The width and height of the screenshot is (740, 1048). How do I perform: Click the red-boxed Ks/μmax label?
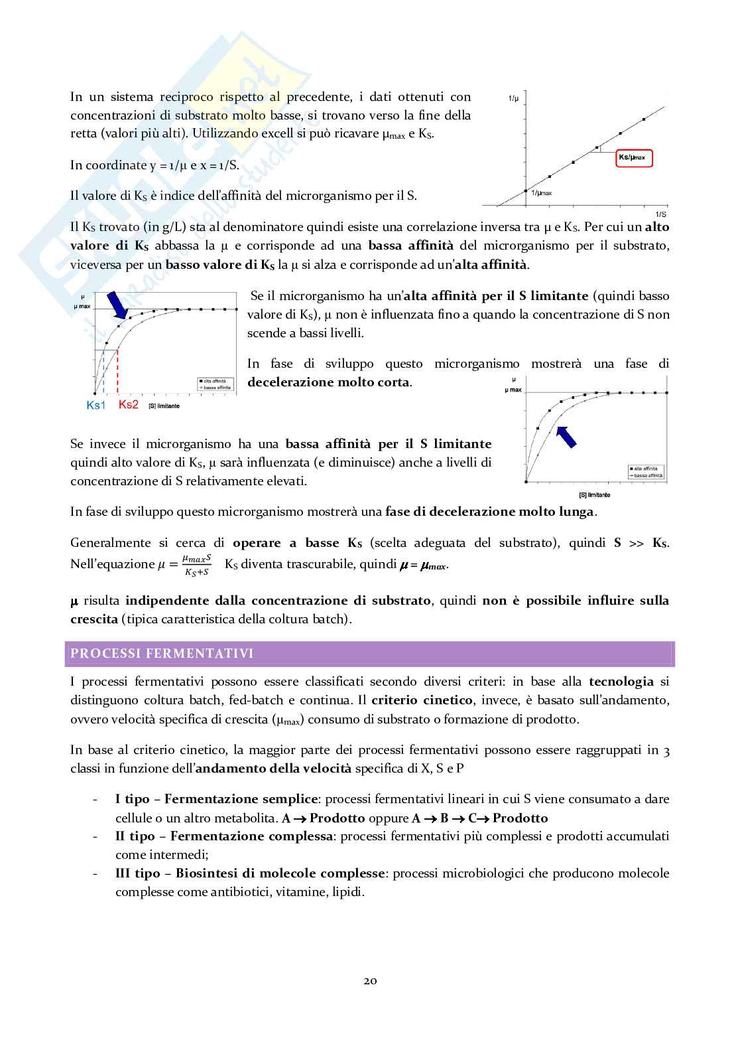[634, 158]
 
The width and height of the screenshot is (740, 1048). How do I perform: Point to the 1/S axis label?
[660, 214]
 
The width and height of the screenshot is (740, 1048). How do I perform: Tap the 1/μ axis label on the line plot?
[513, 99]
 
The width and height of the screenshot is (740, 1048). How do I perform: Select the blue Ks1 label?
[96, 405]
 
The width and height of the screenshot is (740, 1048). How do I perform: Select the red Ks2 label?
[129, 404]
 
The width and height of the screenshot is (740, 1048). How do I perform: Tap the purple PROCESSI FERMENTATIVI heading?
[162, 654]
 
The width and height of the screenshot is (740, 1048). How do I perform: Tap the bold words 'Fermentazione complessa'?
[251, 836]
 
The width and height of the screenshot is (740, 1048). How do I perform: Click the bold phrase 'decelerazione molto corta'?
[328, 382]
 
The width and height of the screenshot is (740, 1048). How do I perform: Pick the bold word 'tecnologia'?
[621, 682]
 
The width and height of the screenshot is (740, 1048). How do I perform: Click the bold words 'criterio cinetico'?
[422, 700]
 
